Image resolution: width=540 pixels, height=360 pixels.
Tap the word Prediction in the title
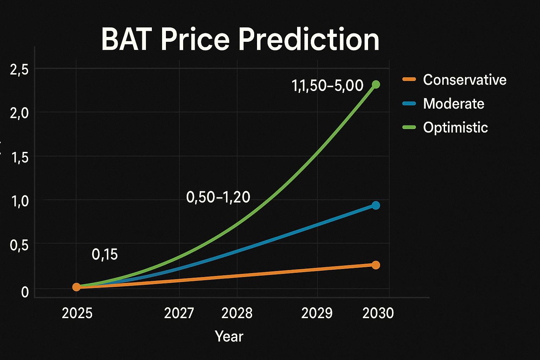(x=309, y=39)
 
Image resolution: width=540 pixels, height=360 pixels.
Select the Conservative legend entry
(x=464, y=80)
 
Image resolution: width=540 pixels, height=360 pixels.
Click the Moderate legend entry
(x=454, y=104)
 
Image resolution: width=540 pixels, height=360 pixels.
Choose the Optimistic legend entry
(x=455, y=127)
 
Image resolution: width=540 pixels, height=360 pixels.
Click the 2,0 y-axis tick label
(x=19, y=114)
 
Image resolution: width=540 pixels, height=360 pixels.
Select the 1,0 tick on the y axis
(x=19, y=201)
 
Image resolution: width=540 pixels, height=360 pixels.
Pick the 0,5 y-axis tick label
(x=19, y=245)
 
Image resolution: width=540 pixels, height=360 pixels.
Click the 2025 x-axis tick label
(x=77, y=313)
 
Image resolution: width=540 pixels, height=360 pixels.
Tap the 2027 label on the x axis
(x=179, y=313)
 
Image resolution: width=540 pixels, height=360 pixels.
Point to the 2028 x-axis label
(x=237, y=313)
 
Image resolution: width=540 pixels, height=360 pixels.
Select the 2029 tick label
(x=317, y=313)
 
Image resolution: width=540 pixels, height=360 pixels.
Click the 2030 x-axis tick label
(x=378, y=313)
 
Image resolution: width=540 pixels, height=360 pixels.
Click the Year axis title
(x=229, y=336)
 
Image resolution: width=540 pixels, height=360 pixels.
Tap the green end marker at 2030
(x=376, y=84)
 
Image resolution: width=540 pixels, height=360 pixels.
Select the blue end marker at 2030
(x=376, y=205)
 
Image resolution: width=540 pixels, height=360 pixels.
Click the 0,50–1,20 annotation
(x=218, y=197)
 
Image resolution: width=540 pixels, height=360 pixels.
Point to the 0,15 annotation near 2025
(x=105, y=254)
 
